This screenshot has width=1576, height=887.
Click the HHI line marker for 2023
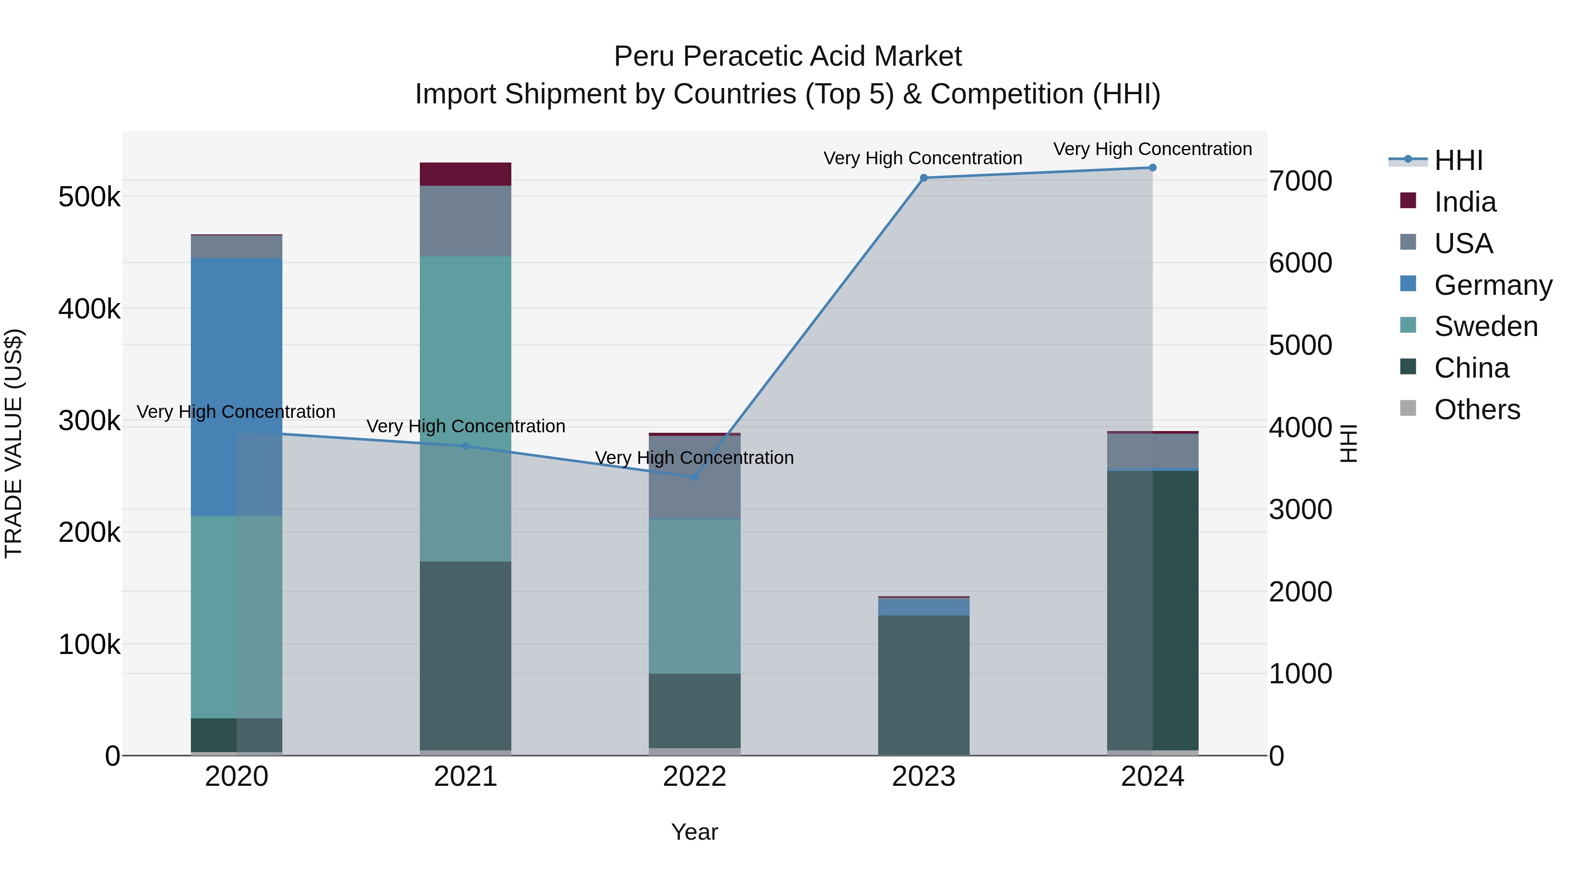pos(924,178)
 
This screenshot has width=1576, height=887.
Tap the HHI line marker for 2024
pos(1153,168)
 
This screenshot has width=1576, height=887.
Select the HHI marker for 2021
pos(466,446)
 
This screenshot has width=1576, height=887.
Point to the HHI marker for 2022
pos(694,477)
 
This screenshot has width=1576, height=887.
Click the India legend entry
pos(1465,202)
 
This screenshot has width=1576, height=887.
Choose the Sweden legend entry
pos(1485,326)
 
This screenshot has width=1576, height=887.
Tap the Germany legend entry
pos(1492,285)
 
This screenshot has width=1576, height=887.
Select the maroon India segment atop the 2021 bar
pos(466,174)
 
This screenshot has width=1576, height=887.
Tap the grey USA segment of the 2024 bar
pos(1153,451)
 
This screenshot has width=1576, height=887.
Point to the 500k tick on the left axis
pos(89,197)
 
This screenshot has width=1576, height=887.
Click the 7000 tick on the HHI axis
pos(1300,181)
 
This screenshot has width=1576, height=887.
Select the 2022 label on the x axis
pos(694,777)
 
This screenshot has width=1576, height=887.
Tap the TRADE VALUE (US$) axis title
pos(14,443)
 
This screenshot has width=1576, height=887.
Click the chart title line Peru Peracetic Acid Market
pos(788,57)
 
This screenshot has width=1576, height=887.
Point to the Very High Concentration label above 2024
pos(1153,149)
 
